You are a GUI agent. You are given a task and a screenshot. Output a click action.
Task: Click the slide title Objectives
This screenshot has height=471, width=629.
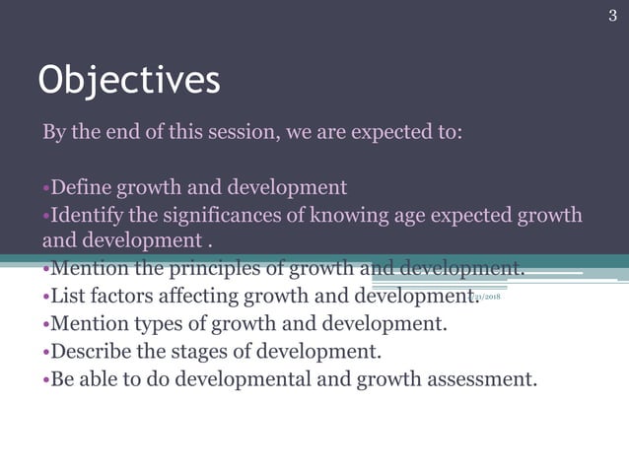(128, 81)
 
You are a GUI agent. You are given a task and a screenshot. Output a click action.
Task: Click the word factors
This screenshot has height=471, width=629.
(123, 296)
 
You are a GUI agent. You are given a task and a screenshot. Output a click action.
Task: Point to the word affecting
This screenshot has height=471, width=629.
(205, 296)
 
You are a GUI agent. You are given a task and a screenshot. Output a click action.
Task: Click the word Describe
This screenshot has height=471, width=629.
(92, 351)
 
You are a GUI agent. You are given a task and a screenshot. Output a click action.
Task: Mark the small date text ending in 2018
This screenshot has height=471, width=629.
(488, 296)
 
